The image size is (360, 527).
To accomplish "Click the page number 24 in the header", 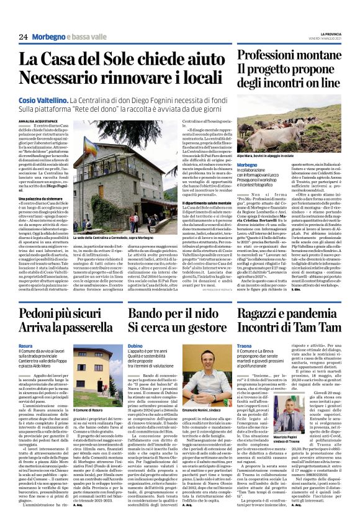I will click(x=23, y=37).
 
